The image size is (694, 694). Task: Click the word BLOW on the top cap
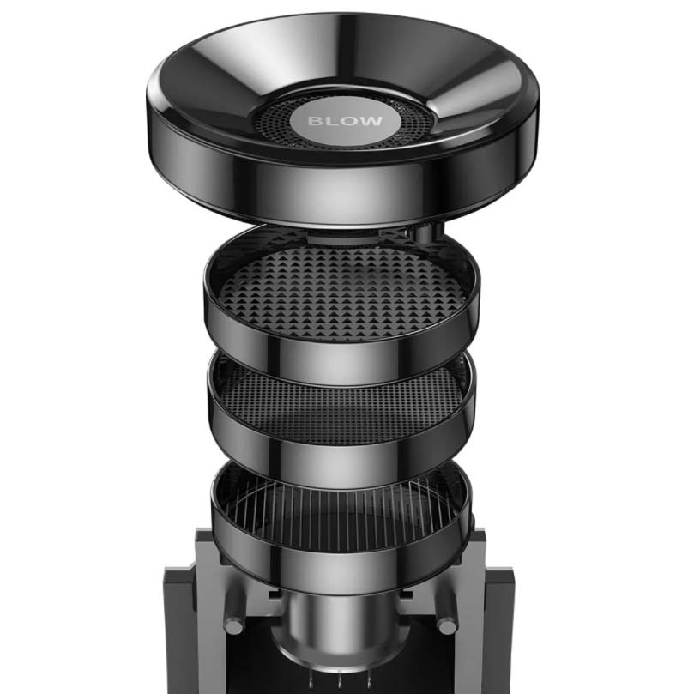(345, 121)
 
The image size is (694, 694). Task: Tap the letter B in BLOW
(316, 121)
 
